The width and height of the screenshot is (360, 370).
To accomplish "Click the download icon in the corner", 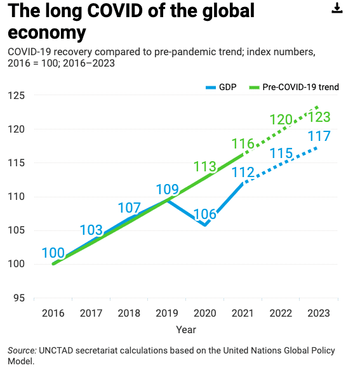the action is click(x=337, y=8).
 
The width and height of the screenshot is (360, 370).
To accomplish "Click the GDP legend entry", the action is click(x=221, y=87).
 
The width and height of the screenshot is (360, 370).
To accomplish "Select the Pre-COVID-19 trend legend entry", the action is click(x=294, y=87).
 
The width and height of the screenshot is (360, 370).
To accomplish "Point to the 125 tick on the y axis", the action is click(x=16, y=96).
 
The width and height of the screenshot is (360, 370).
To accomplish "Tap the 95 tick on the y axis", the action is click(x=19, y=298).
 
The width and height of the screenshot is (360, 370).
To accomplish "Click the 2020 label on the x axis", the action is click(x=204, y=314).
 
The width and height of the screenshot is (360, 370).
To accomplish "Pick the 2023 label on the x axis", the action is click(x=319, y=314).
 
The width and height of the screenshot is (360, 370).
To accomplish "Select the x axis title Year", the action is click(x=186, y=330).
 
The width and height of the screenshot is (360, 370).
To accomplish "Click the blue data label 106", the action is click(x=205, y=215).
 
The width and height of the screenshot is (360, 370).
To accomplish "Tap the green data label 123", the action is click(x=319, y=117).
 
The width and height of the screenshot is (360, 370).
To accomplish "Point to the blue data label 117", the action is click(x=319, y=136).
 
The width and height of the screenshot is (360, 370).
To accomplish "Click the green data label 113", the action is click(x=205, y=166).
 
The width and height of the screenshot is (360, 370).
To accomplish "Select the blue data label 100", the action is click(x=53, y=253).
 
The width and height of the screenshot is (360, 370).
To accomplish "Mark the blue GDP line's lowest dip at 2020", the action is click(x=205, y=225).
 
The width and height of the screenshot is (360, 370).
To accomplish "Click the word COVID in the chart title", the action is click(x=115, y=11).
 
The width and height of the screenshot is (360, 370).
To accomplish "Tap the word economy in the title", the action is click(x=47, y=33).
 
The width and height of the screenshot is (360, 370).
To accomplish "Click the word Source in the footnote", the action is click(x=22, y=351).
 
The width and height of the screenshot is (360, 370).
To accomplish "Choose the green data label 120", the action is click(x=281, y=119).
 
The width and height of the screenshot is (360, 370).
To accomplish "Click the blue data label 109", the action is click(x=168, y=189).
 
